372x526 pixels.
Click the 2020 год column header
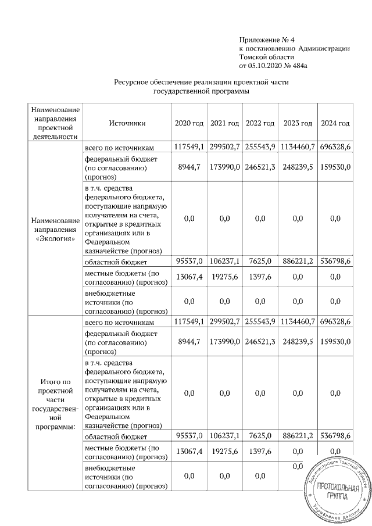(x=189, y=124)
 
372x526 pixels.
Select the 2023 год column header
(x=298, y=124)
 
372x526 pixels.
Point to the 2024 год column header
(x=335, y=124)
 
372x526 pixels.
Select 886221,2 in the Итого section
(x=298, y=435)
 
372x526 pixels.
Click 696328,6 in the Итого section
(x=335, y=321)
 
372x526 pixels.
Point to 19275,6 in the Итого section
(x=224, y=452)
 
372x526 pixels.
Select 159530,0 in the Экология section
(x=335, y=167)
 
